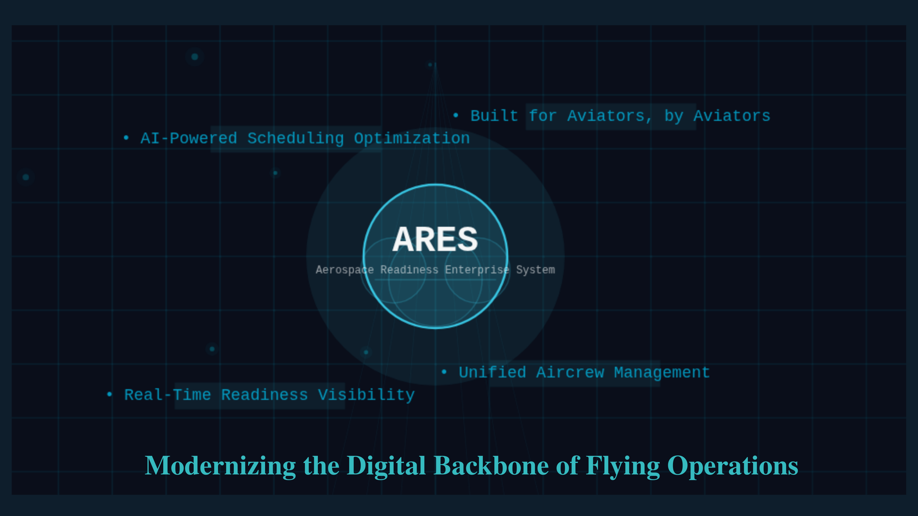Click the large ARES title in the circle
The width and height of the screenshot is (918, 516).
(435, 239)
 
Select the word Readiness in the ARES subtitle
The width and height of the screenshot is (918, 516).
(409, 269)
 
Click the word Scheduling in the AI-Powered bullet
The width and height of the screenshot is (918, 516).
(296, 138)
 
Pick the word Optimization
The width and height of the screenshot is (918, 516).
(412, 138)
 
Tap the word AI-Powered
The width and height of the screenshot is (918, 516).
(189, 138)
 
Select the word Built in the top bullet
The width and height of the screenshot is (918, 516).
(494, 116)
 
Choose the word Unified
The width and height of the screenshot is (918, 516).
(493, 372)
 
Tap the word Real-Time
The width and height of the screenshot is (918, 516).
(168, 394)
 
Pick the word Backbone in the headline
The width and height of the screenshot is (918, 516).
(491, 466)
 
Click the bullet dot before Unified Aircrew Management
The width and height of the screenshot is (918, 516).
(444, 372)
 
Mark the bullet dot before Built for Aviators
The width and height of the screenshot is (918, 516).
(456, 115)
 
